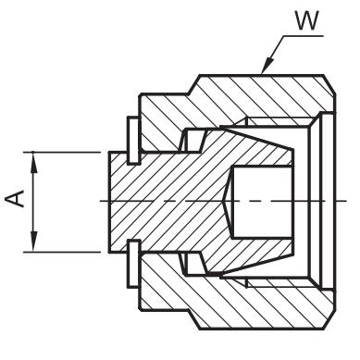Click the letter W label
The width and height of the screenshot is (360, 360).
306,20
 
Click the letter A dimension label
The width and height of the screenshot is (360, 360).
15,198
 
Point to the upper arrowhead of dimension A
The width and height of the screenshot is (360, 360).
33,163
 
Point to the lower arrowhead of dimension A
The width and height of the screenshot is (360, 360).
33,242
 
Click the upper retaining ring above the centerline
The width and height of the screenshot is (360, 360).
133,141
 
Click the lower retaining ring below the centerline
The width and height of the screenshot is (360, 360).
133,264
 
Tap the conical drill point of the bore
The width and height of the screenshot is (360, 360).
228,201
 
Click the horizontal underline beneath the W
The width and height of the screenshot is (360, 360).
304,36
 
